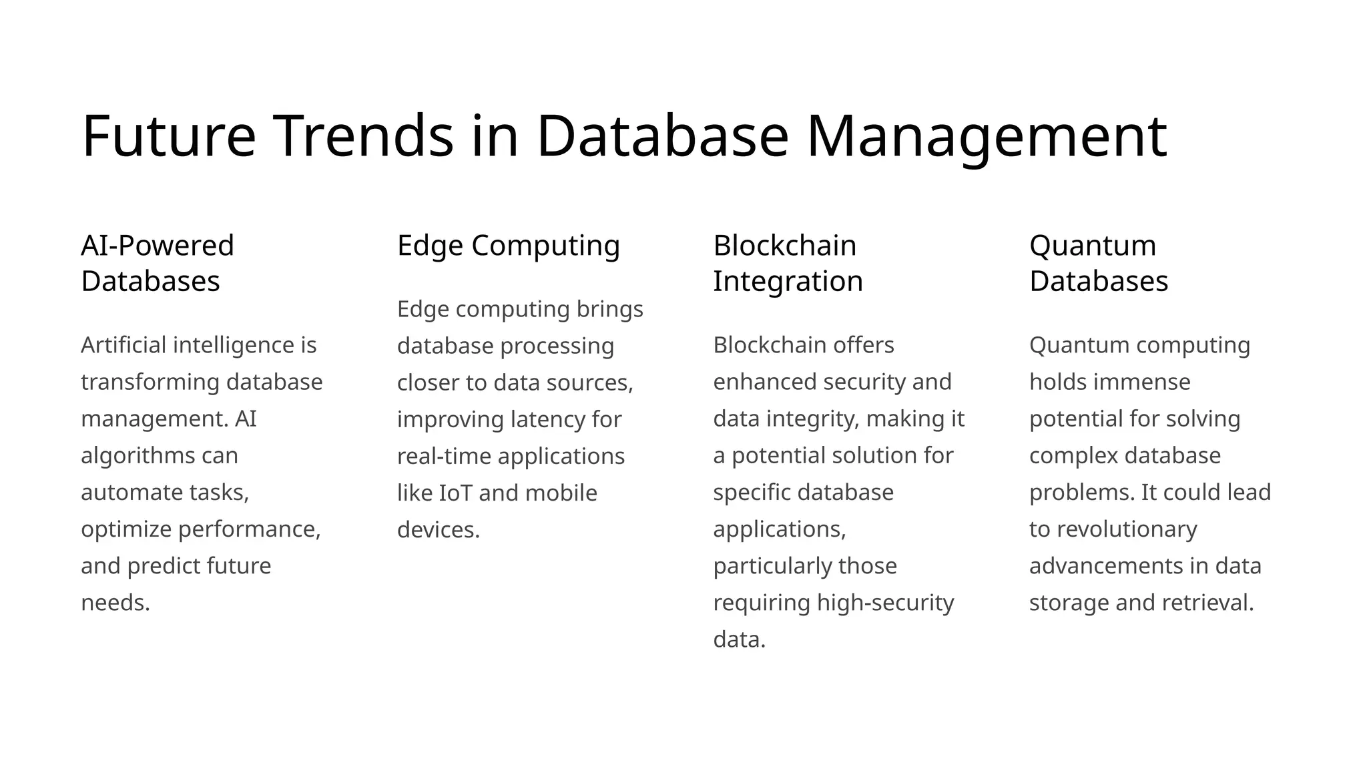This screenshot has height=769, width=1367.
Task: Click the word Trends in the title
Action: (x=364, y=136)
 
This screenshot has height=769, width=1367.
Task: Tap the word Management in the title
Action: (x=987, y=136)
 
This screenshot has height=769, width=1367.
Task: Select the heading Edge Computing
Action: (x=509, y=246)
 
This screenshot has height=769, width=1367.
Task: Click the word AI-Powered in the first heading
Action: (x=158, y=246)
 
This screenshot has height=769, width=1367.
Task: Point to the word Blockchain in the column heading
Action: (x=784, y=246)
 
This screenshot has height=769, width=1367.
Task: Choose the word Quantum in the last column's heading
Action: (x=1093, y=246)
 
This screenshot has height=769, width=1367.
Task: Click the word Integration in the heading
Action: (x=788, y=281)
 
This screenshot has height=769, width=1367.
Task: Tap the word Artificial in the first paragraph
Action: (x=123, y=345)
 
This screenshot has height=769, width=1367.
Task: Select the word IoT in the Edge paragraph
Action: (x=455, y=493)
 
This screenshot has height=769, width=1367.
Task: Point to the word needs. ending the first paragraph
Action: (x=115, y=603)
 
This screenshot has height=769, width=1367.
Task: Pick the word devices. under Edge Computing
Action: (x=439, y=530)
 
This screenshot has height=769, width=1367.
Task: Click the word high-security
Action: (x=885, y=603)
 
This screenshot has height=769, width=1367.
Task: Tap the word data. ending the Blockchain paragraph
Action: (x=739, y=639)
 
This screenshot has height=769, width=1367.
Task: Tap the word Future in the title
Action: (x=169, y=136)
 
